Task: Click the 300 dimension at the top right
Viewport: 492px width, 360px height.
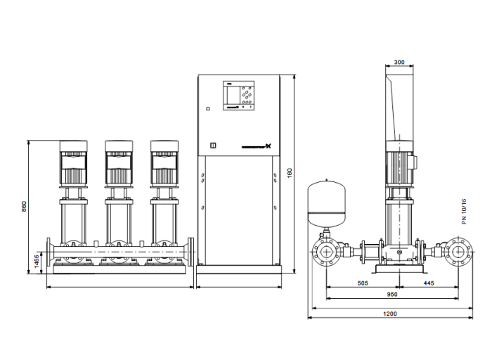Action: point(399,63)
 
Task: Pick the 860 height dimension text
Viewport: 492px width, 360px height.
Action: point(24,207)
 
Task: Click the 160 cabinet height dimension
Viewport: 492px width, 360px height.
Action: point(290,172)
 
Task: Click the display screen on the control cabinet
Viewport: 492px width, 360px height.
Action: point(232,94)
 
